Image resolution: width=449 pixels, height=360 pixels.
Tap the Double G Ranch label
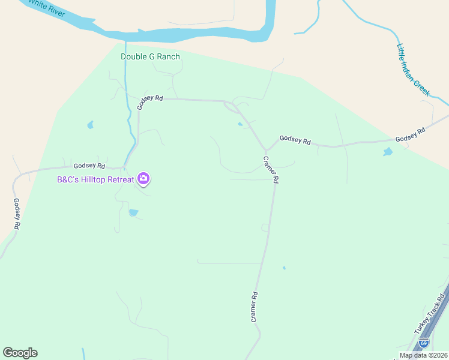(x=150, y=56)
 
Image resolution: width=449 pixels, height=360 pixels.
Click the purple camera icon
(x=143, y=178)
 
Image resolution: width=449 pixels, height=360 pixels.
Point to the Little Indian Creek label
(x=414, y=70)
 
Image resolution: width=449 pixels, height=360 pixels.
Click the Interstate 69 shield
(x=424, y=344)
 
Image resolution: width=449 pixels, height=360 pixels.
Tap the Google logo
(x=20, y=353)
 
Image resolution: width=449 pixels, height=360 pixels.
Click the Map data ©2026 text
(x=423, y=355)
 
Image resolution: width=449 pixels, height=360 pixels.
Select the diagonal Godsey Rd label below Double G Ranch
(x=150, y=101)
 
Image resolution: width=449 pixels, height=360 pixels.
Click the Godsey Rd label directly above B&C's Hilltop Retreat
(x=89, y=166)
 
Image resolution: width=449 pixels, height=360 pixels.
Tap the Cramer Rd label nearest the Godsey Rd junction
(x=271, y=170)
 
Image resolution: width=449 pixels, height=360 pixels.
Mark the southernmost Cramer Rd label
(x=255, y=307)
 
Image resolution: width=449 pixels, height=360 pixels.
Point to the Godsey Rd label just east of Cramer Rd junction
(x=295, y=140)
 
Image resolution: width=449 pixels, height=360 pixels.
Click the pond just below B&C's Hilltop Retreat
(x=133, y=212)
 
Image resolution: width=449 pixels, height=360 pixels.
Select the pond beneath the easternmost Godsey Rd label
(x=388, y=152)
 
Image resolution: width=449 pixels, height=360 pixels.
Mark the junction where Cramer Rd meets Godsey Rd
(x=265, y=149)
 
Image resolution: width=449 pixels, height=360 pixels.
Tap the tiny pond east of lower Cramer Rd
(x=284, y=268)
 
